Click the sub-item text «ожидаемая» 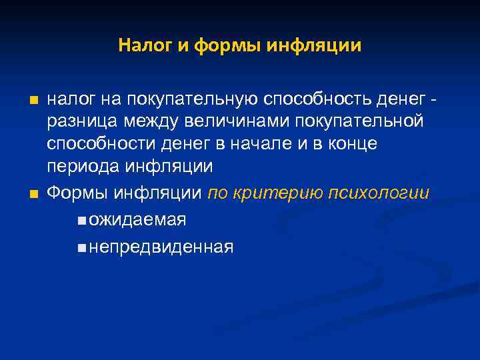click(x=137, y=220)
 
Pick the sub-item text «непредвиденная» click(x=161, y=247)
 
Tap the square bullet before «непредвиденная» click(x=81, y=249)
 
